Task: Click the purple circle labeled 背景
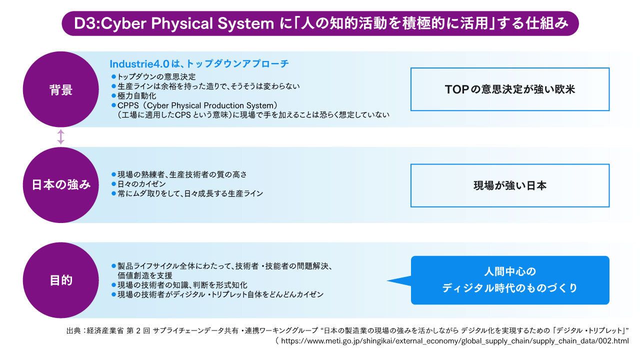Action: pyautogui.click(x=61, y=89)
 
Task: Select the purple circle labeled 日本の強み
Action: pyautogui.click(x=61, y=185)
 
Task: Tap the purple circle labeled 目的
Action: pyautogui.click(x=61, y=280)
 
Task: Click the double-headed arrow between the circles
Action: pyautogui.click(x=61, y=137)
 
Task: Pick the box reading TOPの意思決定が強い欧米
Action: pyautogui.click(x=509, y=89)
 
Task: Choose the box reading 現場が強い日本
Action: pyautogui.click(x=509, y=185)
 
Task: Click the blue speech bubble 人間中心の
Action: pyautogui.click(x=509, y=280)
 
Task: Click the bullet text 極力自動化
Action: pyautogui.click(x=137, y=95)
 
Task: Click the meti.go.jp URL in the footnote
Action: pyautogui.click(x=455, y=341)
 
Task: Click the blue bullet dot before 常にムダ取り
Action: pyautogui.click(x=113, y=193)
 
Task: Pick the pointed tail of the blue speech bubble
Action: pyautogui.click(x=387, y=280)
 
